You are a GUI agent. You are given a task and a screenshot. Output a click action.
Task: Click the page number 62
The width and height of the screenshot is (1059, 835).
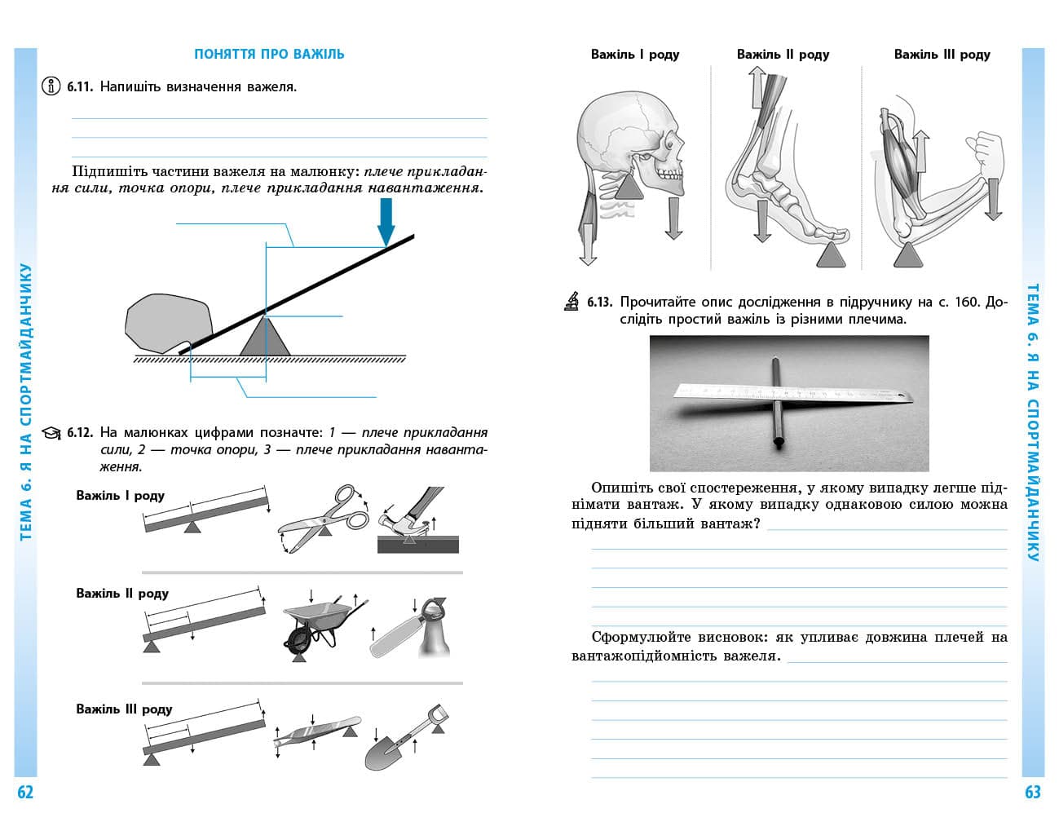[x=25, y=792]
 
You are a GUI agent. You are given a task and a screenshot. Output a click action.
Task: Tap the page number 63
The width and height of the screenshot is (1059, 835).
[x=1033, y=792]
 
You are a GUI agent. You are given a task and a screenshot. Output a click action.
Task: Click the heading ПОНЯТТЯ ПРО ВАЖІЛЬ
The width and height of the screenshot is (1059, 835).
[x=269, y=54]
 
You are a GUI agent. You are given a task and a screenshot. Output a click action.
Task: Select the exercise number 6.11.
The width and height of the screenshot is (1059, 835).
[x=81, y=86]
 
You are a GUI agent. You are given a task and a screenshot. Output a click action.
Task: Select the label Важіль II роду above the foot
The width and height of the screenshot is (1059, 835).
[x=783, y=55]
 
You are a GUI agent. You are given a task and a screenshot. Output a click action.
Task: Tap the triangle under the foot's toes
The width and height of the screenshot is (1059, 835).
[x=832, y=254]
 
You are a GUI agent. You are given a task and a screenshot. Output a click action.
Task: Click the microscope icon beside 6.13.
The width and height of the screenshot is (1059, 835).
[x=571, y=302]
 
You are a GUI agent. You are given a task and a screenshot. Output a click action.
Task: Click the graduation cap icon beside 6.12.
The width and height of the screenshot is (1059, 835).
[x=51, y=432]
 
